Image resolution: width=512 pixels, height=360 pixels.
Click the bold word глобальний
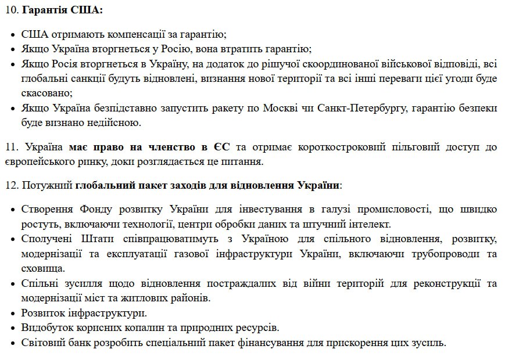tap(102, 186)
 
